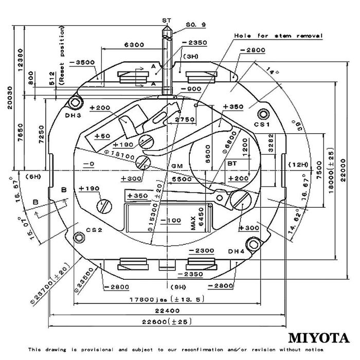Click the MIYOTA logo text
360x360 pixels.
(x=318, y=338)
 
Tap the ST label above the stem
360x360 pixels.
(x=166, y=20)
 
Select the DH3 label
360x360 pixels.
(x=74, y=116)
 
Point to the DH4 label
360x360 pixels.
(x=237, y=251)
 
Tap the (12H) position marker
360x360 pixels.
(x=297, y=164)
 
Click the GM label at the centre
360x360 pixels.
(x=177, y=166)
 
